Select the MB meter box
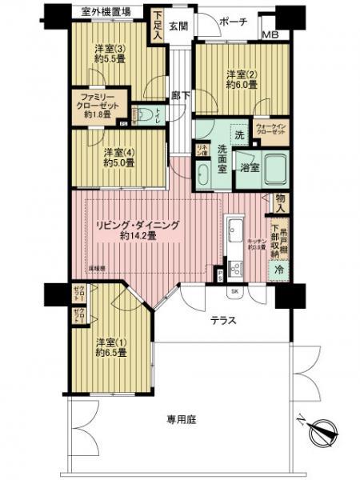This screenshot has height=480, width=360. click(272, 35)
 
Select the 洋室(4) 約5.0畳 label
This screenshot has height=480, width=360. click(118, 156)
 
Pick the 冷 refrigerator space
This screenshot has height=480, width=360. click(278, 270)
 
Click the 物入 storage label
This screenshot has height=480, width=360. click(280, 199)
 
